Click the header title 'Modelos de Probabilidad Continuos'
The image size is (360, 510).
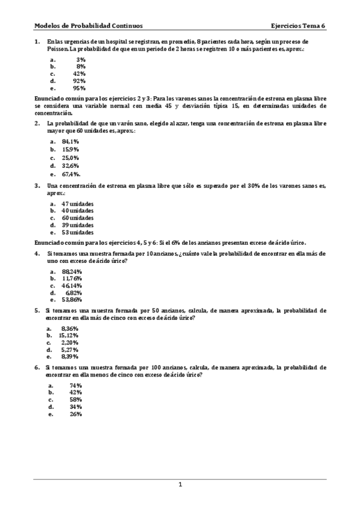pyautogui.click(x=88, y=26)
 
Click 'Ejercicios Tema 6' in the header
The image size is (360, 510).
pyautogui.click(x=298, y=26)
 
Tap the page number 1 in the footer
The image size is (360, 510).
pyautogui.click(x=180, y=485)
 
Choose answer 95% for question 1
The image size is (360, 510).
pyautogui.click(x=79, y=88)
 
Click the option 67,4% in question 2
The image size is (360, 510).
pyautogui.click(x=71, y=174)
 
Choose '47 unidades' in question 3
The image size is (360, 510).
pyautogui.click(x=78, y=203)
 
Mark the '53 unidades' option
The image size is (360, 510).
pyautogui.click(x=78, y=232)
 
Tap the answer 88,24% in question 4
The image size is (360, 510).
pyautogui.click(x=72, y=271)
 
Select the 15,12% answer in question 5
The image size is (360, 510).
pyautogui.click(x=70, y=335)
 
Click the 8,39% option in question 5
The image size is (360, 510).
pyautogui.click(x=70, y=356)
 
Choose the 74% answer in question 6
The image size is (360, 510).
pyautogui.click(x=76, y=385)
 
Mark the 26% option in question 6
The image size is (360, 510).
pyautogui.click(x=76, y=414)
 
